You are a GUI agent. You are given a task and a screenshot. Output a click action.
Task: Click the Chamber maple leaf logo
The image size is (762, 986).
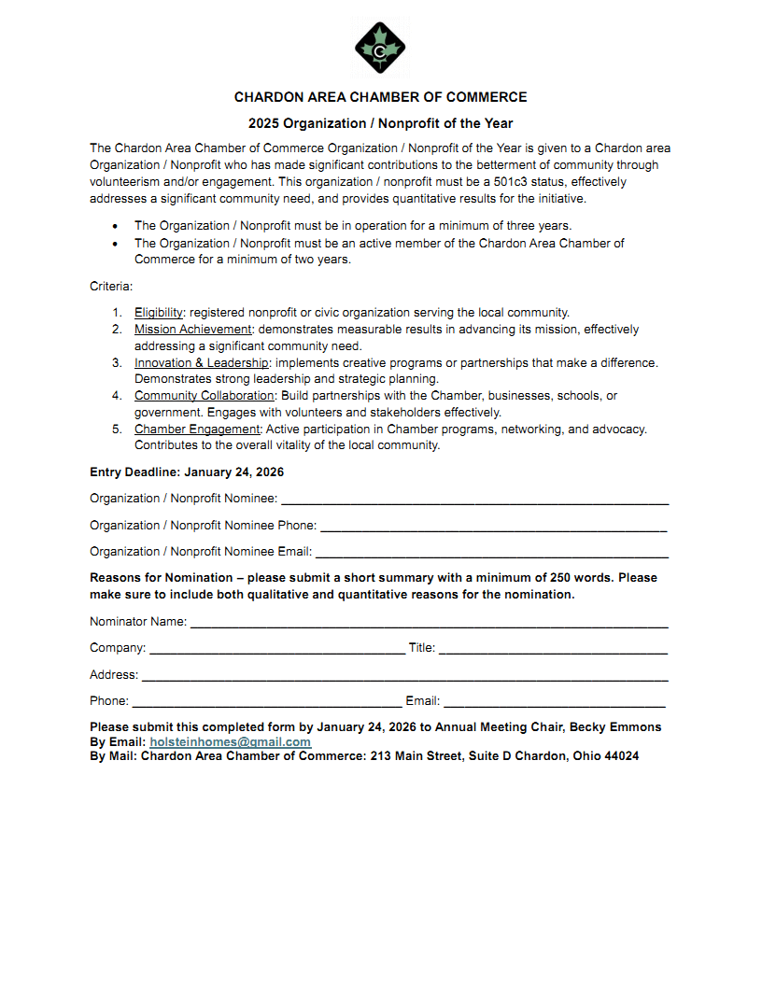point(380,47)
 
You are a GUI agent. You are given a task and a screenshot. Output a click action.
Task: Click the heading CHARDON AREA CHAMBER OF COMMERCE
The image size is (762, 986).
point(380,97)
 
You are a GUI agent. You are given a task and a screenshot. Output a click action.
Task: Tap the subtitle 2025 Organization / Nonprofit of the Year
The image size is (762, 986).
point(380,123)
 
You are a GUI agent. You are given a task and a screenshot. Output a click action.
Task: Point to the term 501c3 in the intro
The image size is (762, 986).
point(511,182)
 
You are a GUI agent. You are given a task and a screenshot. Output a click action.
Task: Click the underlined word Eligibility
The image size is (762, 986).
point(159,313)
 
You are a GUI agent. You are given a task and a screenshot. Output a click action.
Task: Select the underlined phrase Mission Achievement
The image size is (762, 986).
point(193,330)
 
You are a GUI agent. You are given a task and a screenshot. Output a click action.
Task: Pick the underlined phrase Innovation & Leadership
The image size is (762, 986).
point(202,362)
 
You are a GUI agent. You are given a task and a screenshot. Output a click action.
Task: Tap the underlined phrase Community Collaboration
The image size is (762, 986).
point(205,396)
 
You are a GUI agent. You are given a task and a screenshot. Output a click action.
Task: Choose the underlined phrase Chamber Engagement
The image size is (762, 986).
point(197,430)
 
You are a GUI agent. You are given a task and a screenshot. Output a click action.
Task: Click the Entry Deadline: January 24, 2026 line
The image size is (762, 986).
point(187,472)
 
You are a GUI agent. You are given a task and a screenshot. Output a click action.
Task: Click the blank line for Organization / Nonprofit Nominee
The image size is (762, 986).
point(474,500)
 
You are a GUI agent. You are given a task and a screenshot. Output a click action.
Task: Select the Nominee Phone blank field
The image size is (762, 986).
point(493,527)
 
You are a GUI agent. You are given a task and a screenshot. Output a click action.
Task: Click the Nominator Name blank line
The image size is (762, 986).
point(429,623)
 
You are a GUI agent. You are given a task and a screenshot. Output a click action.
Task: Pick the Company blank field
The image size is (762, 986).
point(276,649)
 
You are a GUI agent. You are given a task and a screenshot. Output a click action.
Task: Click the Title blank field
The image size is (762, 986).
point(553,649)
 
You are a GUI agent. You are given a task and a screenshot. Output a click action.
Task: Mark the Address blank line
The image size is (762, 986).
point(404,676)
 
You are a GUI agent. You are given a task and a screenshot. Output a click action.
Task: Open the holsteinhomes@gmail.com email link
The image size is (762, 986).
point(230,742)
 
